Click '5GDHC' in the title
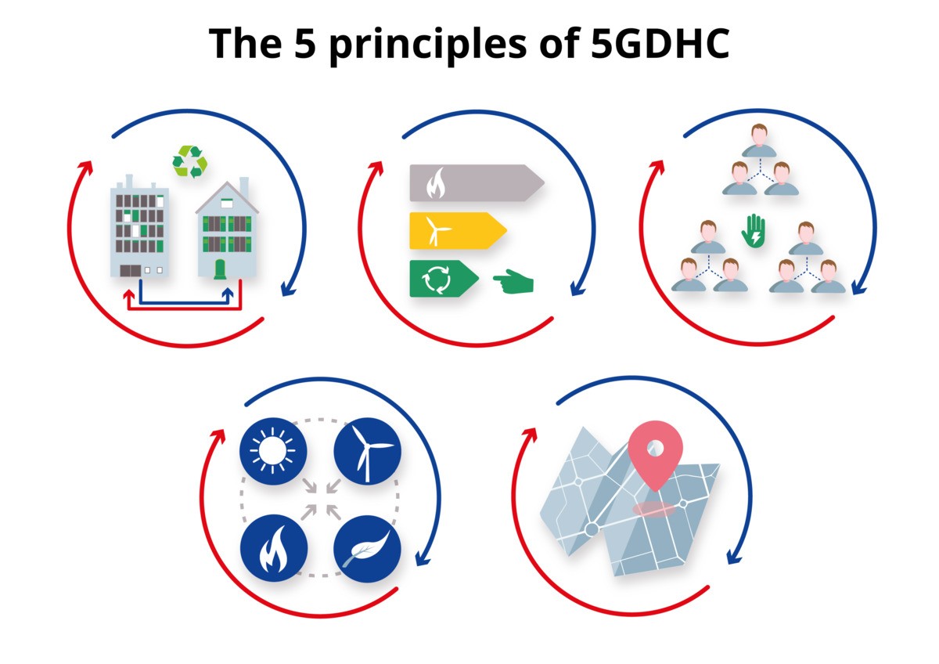tap(660, 43)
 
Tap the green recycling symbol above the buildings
tap(190, 161)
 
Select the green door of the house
tap(220, 269)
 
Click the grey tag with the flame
tap(477, 183)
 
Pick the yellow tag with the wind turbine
tap(458, 231)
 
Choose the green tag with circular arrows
tap(444, 279)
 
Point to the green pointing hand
tap(513, 281)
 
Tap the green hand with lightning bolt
tap(754, 231)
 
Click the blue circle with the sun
tap(273, 451)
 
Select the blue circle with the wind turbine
tap(367, 451)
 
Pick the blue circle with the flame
tap(274, 548)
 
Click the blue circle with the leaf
tap(367, 549)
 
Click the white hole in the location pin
tap(656, 448)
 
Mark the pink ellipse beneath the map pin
tap(654, 509)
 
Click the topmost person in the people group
tap(759, 140)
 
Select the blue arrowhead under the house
tap(228, 293)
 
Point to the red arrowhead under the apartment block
tap(129, 295)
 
